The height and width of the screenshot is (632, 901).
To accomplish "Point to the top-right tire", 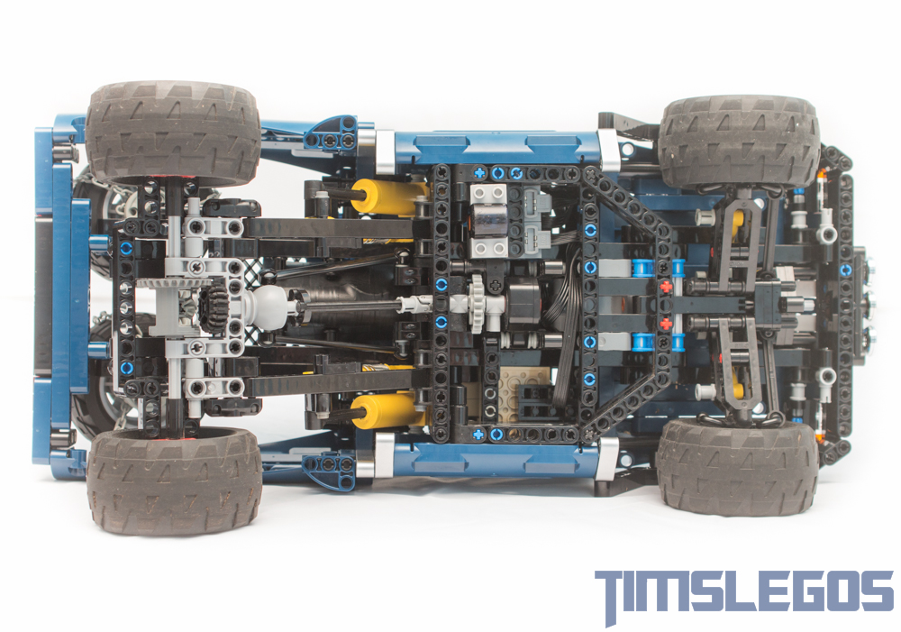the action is pos(740,142).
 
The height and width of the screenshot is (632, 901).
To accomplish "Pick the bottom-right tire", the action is pos(737,468).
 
